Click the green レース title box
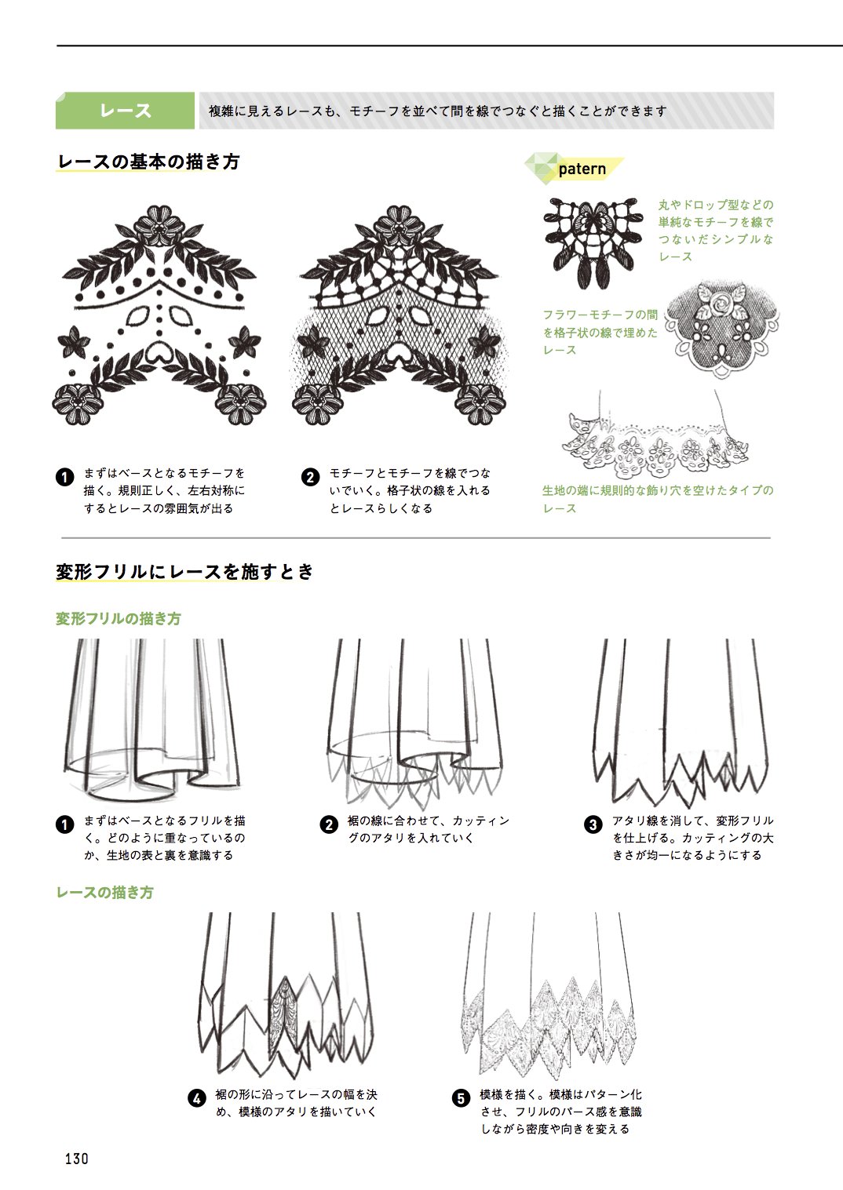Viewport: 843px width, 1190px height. pos(125,111)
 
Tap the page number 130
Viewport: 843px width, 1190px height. pos(77,1158)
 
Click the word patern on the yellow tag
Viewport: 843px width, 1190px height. pos(582,169)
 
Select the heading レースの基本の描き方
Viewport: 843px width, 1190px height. pos(148,162)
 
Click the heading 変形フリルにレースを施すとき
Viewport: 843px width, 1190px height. pos(184,572)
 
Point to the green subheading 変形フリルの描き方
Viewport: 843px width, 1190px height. pos(119,619)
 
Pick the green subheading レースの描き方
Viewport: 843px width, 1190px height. pos(104,892)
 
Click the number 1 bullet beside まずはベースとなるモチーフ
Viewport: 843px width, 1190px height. pos(65,477)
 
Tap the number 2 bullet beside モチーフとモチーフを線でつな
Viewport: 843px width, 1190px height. pos(310,477)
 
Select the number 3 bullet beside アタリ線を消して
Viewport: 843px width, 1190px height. pos(593,824)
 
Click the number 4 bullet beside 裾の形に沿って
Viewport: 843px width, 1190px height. pos(197,1098)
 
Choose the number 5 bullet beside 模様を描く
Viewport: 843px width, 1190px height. pos(460,1098)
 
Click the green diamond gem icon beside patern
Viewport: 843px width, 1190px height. pos(542,169)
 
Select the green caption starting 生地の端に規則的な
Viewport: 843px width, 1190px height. pos(658,500)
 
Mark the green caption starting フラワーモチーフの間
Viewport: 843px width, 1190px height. pos(600,332)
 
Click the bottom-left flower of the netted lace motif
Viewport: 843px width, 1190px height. pos(317,403)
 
